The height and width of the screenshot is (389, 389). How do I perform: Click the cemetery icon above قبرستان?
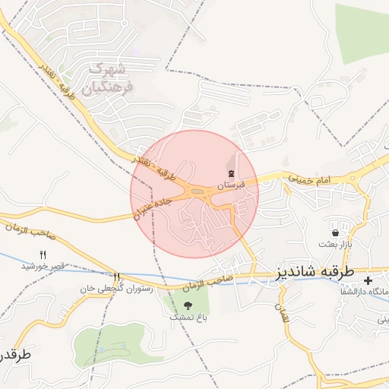231,174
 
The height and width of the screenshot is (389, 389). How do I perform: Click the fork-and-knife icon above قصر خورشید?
43,255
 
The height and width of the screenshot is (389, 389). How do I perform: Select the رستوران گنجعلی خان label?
117,289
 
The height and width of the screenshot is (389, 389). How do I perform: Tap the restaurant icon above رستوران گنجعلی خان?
117,277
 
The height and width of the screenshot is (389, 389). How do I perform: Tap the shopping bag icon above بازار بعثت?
335,232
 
